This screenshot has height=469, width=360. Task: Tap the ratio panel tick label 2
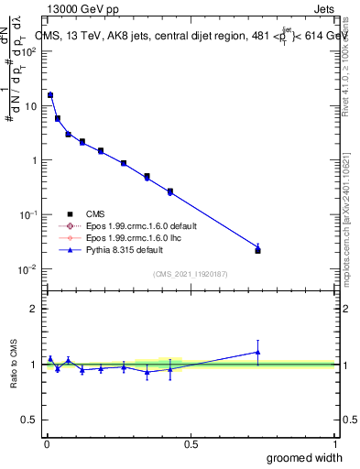(35, 309)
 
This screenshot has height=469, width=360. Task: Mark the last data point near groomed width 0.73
(257, 249)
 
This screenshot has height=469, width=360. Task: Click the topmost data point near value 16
(50, 95)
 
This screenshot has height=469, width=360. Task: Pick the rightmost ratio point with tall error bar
(257, 352)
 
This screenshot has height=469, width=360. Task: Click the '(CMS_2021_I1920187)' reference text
(190, 274)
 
